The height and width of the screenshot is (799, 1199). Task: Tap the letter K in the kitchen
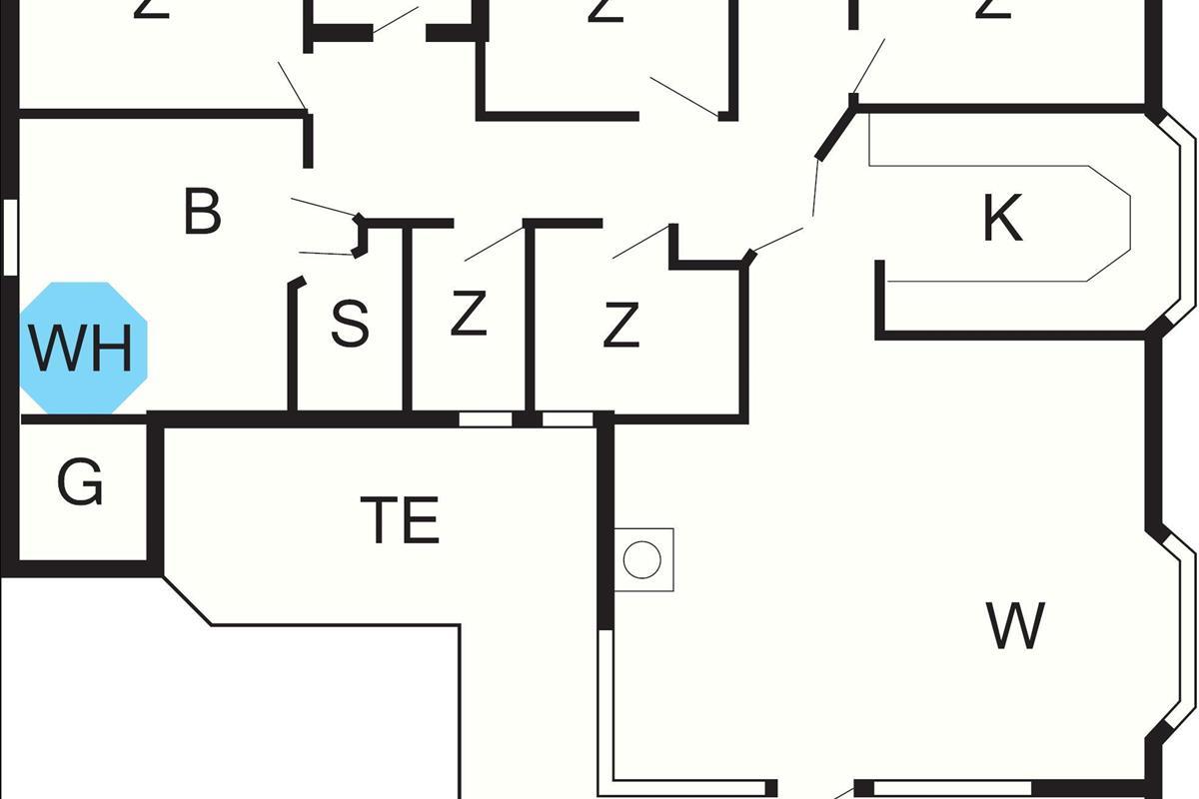pos(1002,219)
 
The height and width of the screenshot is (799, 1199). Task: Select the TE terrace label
pos(401,519)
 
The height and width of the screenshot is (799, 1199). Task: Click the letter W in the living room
pos(1015,625)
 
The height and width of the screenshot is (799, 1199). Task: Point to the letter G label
pos(80,483)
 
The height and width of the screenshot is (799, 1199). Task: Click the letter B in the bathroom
pos(202,212)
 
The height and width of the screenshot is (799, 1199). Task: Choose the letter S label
pos(350,324)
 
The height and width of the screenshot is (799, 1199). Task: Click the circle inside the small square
pos(642,559)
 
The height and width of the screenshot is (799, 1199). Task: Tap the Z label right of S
pos(468,315)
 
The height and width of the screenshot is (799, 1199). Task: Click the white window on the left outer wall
pos(10,236)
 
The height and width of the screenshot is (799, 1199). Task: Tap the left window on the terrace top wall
pos(486,419)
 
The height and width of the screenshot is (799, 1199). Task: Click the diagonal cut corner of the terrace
pos(187,600)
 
